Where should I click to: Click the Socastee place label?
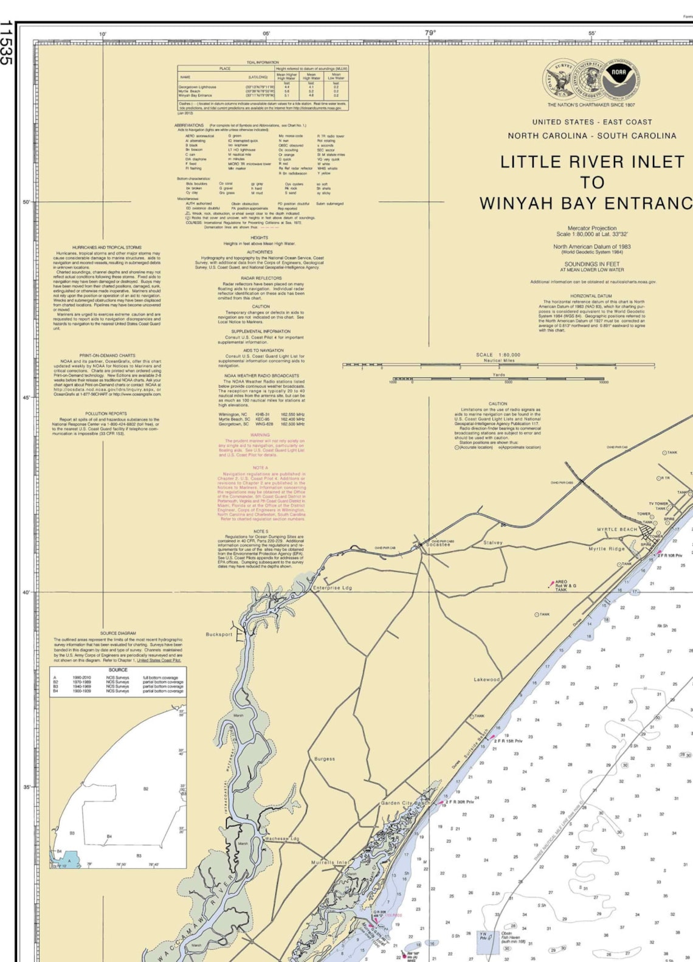[x=438, y=545]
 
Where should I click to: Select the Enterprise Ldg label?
[x=332, y=588]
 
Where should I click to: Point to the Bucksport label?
[x=219, y=634]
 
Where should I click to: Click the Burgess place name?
[x=325, y=759]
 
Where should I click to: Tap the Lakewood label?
[x=486, y=679]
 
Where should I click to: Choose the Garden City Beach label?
[x=405, y=803]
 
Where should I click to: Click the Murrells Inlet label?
[x=330, y=862]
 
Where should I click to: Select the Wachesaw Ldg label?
[x=281, y=839]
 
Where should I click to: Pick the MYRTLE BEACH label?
[x=616, y=530]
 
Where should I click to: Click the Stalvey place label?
[x=493, y=542]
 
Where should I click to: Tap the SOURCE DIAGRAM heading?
[x=118, y=633]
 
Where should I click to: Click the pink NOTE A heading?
[x=260, y=468]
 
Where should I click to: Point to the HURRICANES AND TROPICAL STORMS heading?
[x=107, y=247]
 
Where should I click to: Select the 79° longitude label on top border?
[x=430, y=33]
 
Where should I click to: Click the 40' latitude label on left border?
[x=26, y=592]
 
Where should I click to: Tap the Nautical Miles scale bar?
[x=498, y=365]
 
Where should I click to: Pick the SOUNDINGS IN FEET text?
[x=592, y=265]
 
